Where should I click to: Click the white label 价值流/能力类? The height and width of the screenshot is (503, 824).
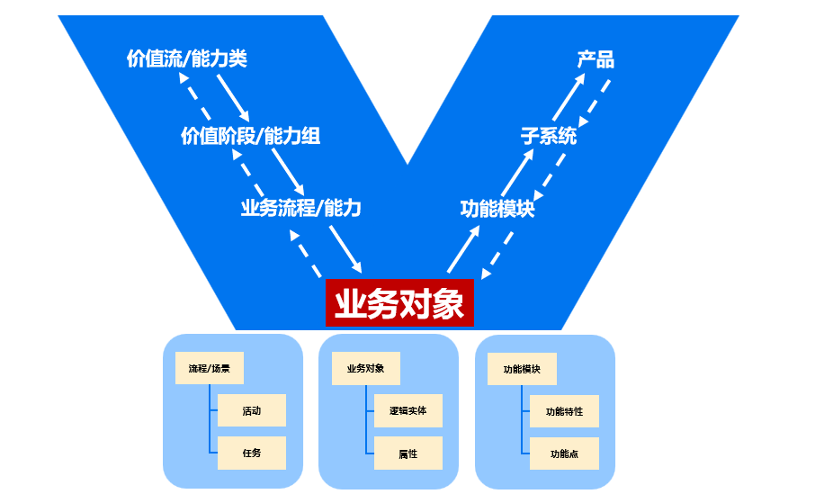coord(186,59)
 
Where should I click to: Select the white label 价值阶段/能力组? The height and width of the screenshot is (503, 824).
coord(250,136)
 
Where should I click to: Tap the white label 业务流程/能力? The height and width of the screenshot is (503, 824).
coord(300,208)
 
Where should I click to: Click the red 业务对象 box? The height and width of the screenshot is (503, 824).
coord(399,303)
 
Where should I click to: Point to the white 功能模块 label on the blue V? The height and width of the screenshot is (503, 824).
coord(497,209)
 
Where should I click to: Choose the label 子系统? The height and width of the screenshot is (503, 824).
coord(549,136)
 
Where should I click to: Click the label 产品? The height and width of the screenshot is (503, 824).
coord(596,59)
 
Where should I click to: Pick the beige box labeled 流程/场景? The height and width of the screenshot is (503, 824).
coord(210,368)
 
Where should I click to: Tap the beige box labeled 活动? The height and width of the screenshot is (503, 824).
coord(252,410)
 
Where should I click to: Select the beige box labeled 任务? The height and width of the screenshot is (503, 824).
coord(252,453)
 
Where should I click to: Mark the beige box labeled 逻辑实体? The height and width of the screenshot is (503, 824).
coord(408,410)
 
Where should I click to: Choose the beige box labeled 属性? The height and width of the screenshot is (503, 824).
coord(408,454)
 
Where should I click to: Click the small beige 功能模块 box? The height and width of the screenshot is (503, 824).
coord(522,369)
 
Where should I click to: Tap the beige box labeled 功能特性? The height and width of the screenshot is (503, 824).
coord(564,411)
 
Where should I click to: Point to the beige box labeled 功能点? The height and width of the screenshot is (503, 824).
coord(564,454)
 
